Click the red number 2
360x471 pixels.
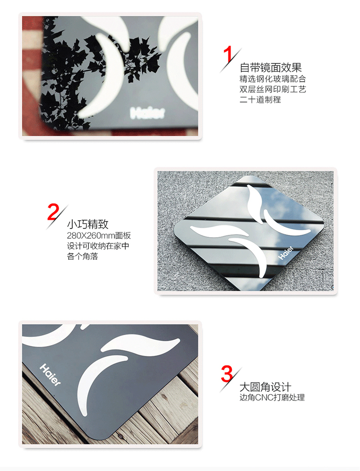pyautogui.click(x=53, y=212)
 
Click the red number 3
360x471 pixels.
pyautogui.click(x=226, y=374)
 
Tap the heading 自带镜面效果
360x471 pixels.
pyautogui.click(x=271, y=67)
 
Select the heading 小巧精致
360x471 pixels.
pyautogui.click(x=87, y=224)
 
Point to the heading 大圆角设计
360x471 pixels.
pyautogui.click(x=265, y=387)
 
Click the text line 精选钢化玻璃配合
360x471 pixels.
pyautogui.click(x=273, y=79)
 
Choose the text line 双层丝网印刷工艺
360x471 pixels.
pyautogui.click(x=273, y=89)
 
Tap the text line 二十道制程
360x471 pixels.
pyautogui.click(x=260, y=99)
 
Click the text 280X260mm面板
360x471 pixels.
pyautogui.click(x=99, y=235)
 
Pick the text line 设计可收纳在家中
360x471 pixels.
pyautogui.click(x=98, y=246)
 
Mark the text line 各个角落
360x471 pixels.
pyautogui.click(x=82, y=256)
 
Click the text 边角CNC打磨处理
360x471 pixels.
pyautogui.click(x=272, y=398)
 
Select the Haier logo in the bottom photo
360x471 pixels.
pyautogui.click(x=50, y=375)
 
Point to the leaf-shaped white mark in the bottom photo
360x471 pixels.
pyautogui.click(x=140, y=344)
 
